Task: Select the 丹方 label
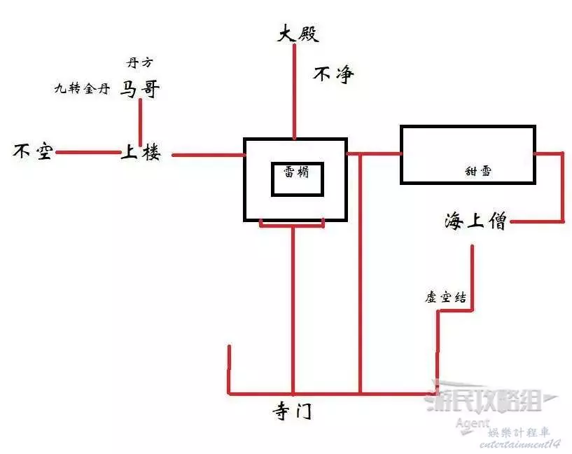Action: tap(139, 63)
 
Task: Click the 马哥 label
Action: tap(141, 89)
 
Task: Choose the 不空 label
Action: tap(33, 151)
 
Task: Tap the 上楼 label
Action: tap(141, 152)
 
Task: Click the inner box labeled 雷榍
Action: tap(298, 179)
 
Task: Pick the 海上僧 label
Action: tap(475, 222)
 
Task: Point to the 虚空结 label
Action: tap(446, 297)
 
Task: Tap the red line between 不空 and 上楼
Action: tap(88, 152)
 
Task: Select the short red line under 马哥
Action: tap(141, 119)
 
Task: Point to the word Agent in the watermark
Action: tap(472, 423)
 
